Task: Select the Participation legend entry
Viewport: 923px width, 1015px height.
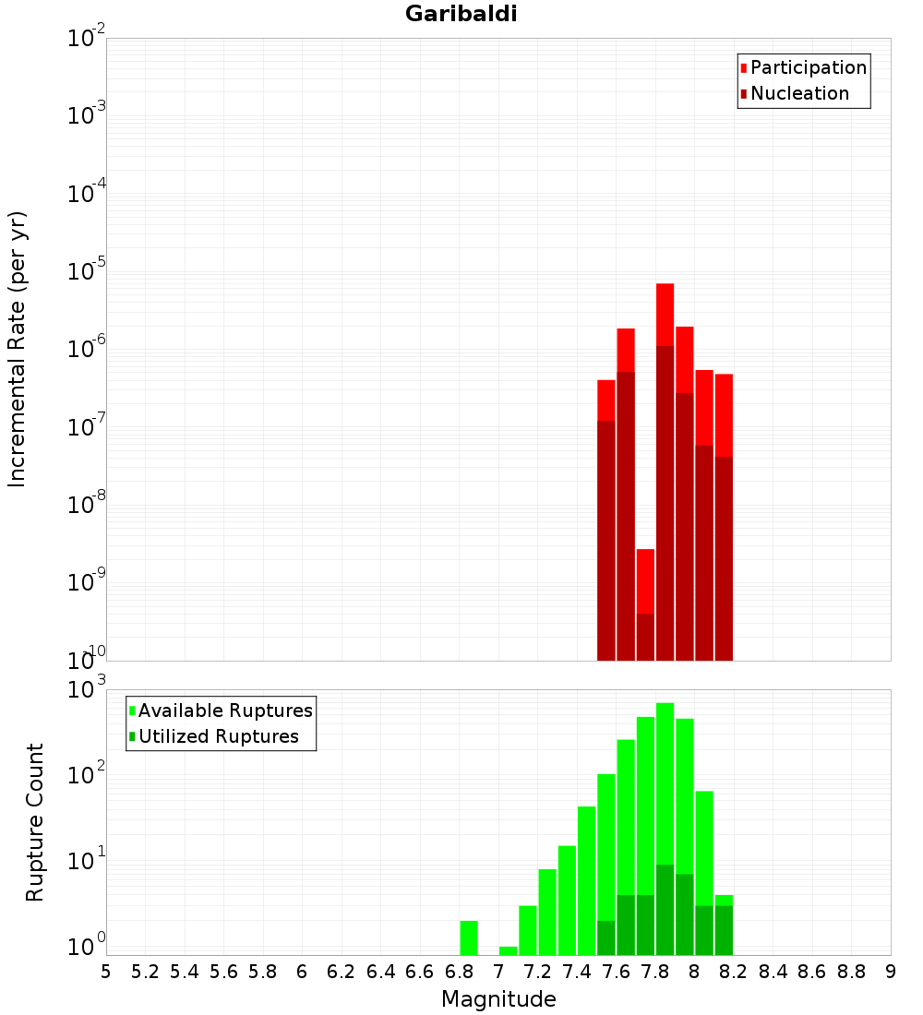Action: coord(808,68)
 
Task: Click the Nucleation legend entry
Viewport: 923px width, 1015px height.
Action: coord(798,94)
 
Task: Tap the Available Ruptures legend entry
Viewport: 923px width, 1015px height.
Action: coord(224,711)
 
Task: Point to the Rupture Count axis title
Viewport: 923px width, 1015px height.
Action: coord(35,822)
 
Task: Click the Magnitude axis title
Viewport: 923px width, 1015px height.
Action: coord(498,999)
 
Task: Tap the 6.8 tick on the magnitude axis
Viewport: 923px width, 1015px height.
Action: coord(459,972)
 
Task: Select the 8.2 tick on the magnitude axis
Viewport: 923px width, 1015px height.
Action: coord(734,972)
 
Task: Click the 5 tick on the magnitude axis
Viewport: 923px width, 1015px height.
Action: coord(106,972)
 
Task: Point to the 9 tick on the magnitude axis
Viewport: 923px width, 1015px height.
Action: coord(891,972)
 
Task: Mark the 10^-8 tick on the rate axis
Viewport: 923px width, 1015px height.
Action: coord(87,505)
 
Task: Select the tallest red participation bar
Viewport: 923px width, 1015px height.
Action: coord(665,314)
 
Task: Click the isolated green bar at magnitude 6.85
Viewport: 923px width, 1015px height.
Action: coord(469,937)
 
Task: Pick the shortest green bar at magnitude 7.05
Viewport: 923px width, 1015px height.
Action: coord(508,950)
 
